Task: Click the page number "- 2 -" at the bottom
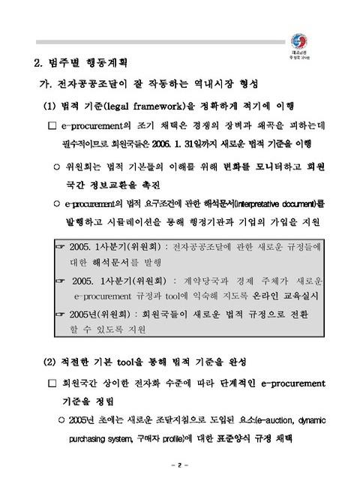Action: coord(180,466)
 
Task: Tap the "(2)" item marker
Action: coord(51,364)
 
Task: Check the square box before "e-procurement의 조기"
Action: coord(52,125)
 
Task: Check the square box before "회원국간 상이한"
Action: coord(52,384)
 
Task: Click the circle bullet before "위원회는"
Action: coord(56,164)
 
